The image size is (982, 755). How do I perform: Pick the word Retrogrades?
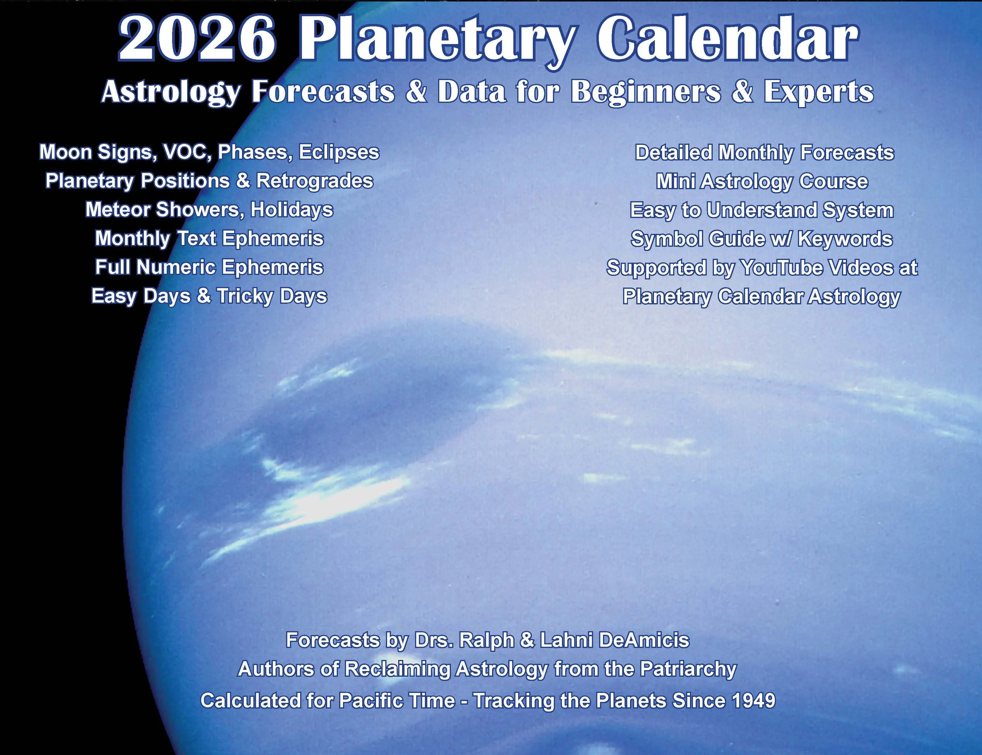[x=315, y=181]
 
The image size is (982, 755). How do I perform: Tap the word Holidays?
[x=292, y=210]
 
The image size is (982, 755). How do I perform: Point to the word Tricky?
[x=245, y=296]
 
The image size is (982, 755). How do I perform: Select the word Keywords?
[x=845, y=239]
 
